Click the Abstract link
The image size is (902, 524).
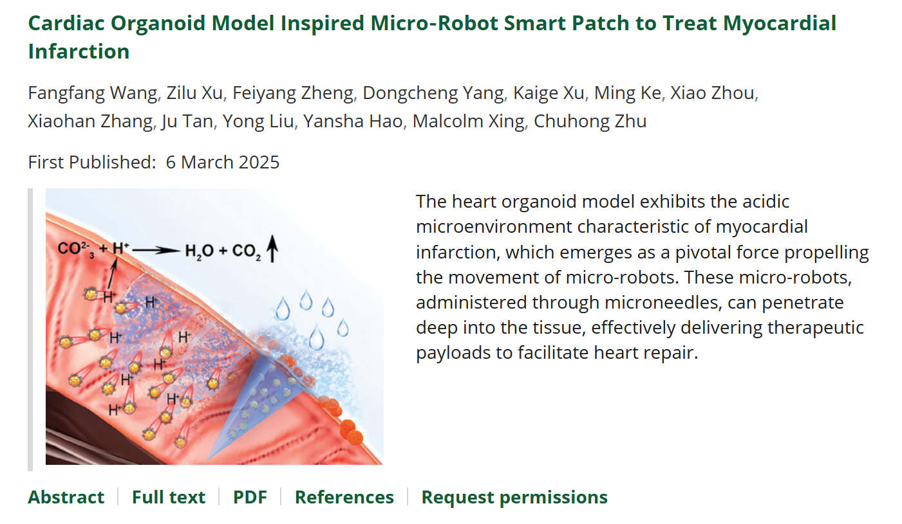[x=66, y=497]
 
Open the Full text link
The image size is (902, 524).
[x=169, y=497]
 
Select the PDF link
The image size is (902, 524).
[x=250, y=497]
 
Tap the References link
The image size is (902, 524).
[x=344, y=497]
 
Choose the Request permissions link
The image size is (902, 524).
[x=514, y=497]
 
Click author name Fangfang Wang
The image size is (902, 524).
[x=92, y=93]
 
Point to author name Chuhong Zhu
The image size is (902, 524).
[x=590, y=121]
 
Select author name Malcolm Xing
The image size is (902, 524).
[x=468, y=121]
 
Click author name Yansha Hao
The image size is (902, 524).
[x=353, y=121]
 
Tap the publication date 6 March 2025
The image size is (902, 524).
[x=223, y=163]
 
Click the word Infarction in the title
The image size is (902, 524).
[x=79, y=51]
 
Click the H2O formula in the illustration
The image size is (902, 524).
[x=200, y=251]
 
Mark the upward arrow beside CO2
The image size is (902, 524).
[x=273, y=249]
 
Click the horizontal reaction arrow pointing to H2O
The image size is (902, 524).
[x=156, y=251]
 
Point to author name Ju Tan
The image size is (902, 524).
[x=187, y=121]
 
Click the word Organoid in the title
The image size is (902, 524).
[x=158, y=23]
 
